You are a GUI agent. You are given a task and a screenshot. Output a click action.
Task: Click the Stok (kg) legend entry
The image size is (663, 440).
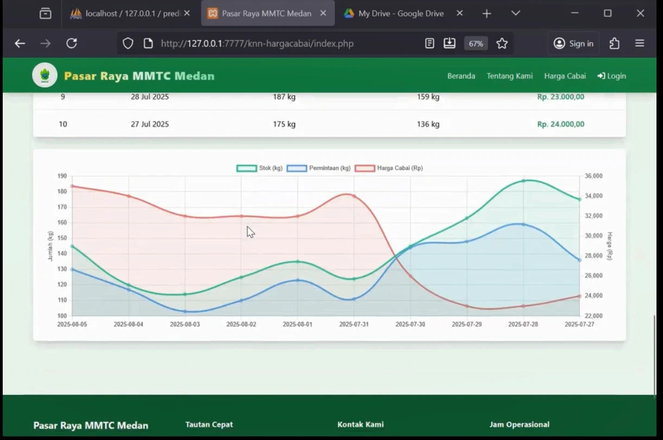tap(260, 168)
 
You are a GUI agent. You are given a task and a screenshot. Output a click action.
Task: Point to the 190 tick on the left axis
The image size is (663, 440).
tap(62, 176)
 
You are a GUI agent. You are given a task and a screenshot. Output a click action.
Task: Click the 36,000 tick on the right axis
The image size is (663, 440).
tap(594, 176)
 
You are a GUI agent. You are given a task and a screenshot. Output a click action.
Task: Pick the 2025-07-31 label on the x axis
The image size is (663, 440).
tap(354, 324)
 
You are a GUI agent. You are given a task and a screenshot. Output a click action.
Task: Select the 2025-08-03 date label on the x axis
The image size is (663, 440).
tap(184, 324)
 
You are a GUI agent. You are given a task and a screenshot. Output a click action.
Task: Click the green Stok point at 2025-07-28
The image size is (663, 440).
tap(524, 181)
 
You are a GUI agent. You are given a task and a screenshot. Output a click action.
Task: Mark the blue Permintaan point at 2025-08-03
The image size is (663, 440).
tap(185, 311)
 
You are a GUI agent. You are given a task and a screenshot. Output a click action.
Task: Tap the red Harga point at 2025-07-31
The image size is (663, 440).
tap(354, 196)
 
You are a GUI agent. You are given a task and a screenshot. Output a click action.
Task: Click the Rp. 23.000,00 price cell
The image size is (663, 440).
tap(560, 97)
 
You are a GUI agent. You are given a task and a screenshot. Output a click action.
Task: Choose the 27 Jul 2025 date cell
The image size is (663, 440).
tap(150, 124)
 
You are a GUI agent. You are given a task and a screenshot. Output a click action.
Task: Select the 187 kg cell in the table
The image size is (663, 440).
tap(284, 97)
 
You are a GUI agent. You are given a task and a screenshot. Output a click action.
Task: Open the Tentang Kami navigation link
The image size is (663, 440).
tap(509, 76)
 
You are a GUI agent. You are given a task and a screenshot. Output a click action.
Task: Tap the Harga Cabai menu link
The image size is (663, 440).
tap(565, 76)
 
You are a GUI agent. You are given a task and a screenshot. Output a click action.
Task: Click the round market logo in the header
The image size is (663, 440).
tap(44, 76)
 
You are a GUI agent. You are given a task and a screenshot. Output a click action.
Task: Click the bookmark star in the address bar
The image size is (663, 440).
tap(502, 43)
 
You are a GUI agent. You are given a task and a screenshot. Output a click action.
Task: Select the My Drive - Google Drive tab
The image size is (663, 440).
tap(401, 14)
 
